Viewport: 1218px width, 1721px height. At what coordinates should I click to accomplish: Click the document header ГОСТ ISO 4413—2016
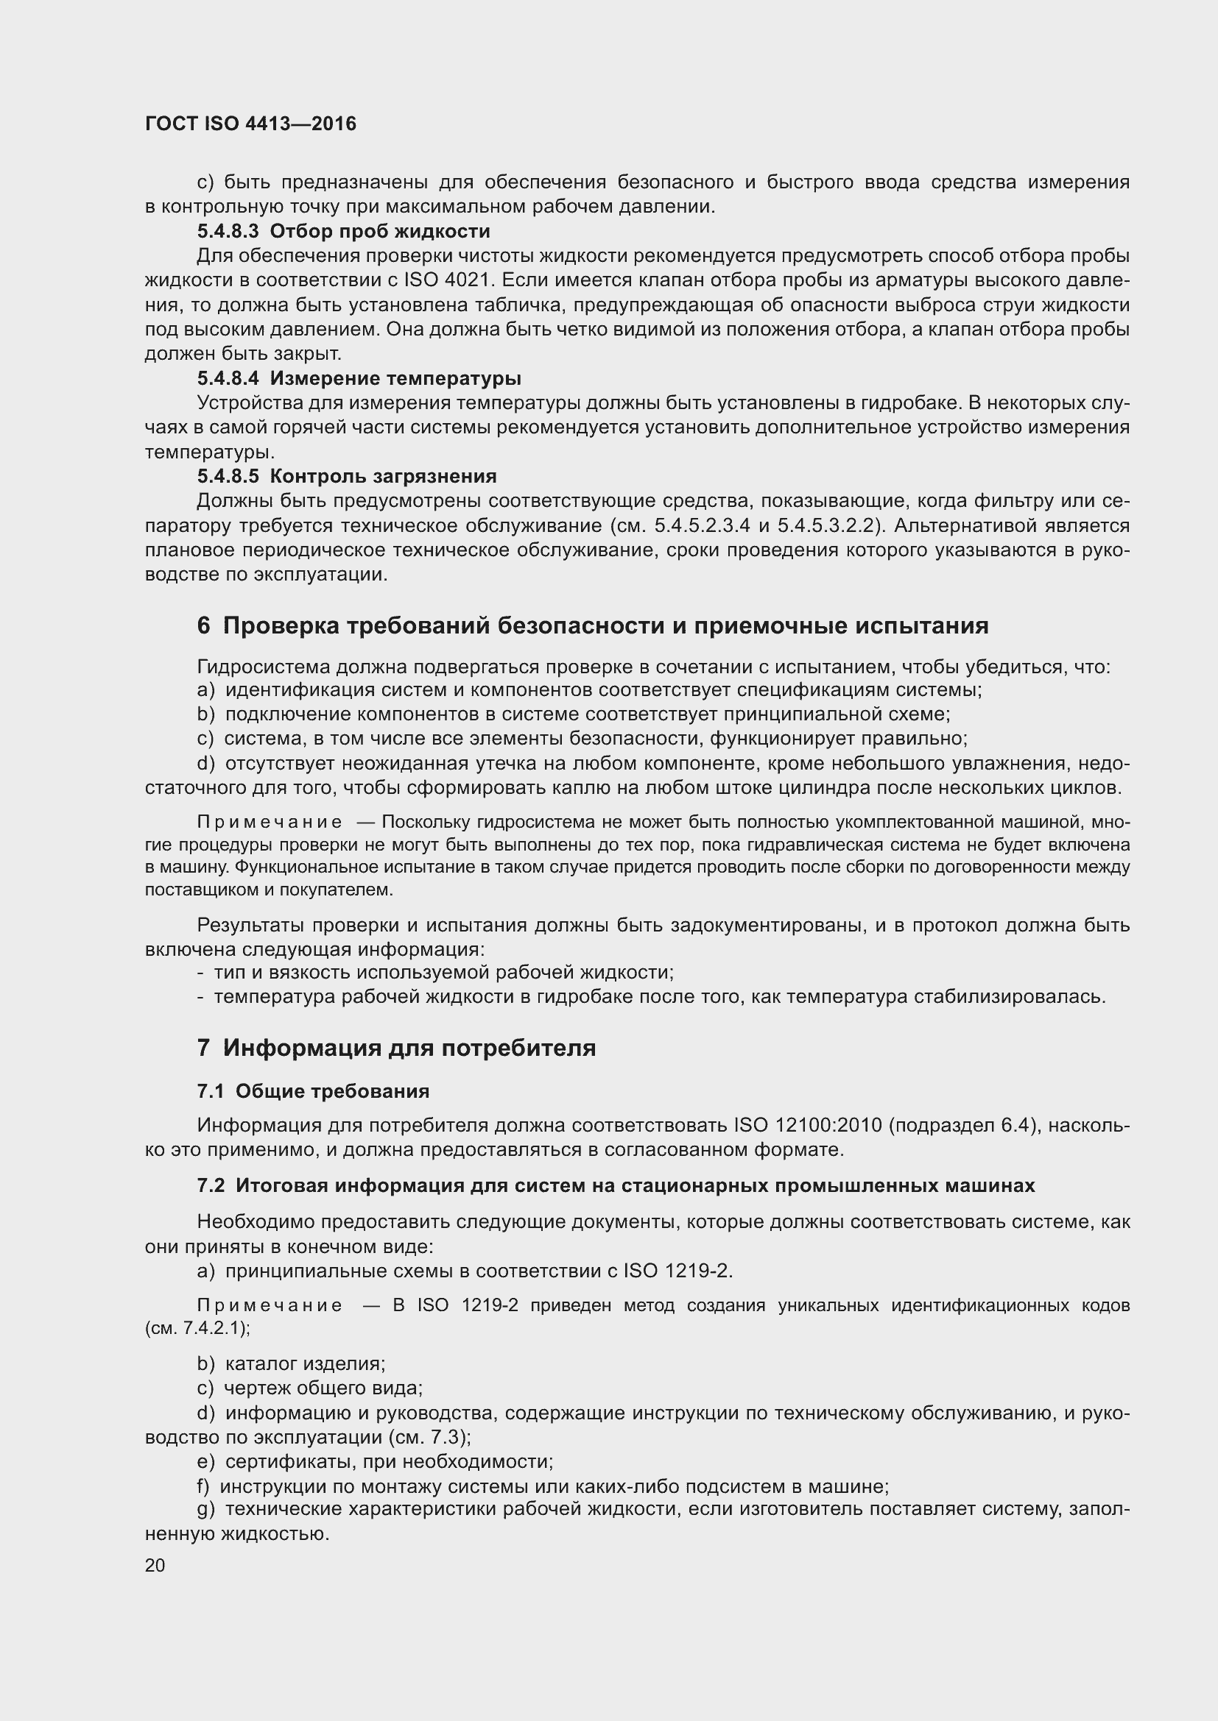coord(250,124)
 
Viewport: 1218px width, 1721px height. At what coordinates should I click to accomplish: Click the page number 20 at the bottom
coord(155,1565)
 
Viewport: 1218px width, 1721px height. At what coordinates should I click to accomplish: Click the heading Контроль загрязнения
coord(382,476)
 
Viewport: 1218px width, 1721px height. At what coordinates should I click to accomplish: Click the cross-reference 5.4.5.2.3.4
coord(702,525)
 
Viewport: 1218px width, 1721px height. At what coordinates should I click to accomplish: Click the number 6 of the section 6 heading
coord(203,625)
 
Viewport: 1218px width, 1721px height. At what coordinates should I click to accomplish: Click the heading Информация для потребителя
coord(409,1047)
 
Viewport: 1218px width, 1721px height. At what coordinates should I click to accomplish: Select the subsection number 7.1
coord(211,1091)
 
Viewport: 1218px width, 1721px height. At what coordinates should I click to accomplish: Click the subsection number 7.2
coord(211,1185)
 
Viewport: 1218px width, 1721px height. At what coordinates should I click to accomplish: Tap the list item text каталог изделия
coord(305,1363)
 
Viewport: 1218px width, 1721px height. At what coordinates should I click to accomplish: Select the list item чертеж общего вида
coord(323,1388)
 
